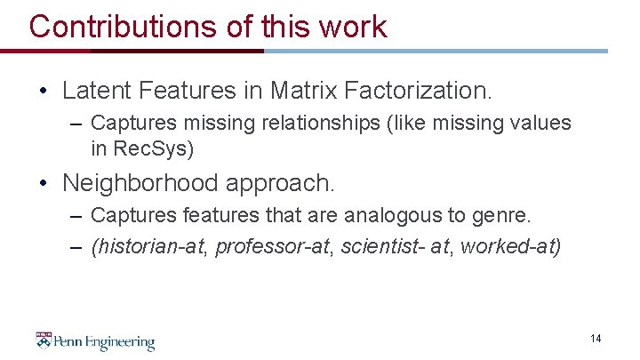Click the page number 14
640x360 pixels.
click(595, 339)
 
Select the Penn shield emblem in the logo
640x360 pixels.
click(44, 341)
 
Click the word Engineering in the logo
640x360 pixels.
click(120, 342)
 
